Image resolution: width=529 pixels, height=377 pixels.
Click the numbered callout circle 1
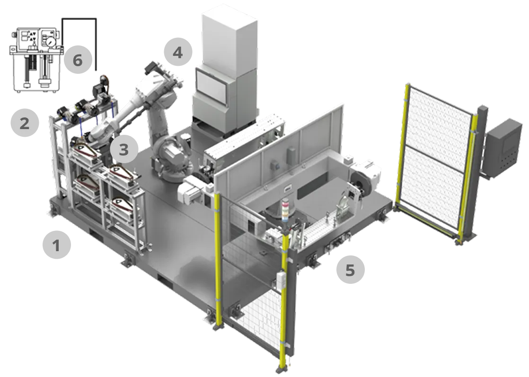[57, 245]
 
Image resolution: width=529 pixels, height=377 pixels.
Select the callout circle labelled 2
[25, 123]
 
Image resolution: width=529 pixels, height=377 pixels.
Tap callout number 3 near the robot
[124, 149]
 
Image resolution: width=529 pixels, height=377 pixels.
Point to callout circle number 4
[178, 52]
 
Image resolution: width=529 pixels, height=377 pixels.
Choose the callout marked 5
[351, 270]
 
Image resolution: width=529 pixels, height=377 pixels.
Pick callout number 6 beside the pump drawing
[78, 60]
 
